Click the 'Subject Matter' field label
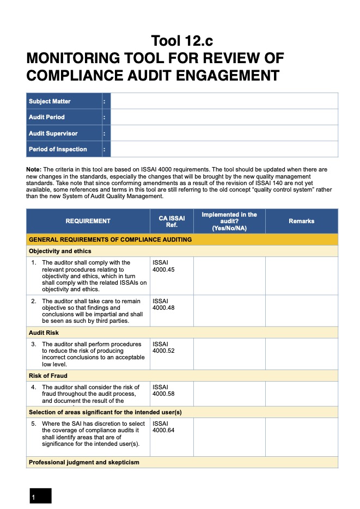point(50,101)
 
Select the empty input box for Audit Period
point(224,117)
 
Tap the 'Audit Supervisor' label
point(53,133)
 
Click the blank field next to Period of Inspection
point(224,149)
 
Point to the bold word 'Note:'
point(34,170)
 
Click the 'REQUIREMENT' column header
point(88,221)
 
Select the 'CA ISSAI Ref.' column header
point(172,222)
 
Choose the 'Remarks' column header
point(301,221)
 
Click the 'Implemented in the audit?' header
point(229,221)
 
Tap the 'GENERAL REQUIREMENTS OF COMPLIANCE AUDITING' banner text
point(110,240)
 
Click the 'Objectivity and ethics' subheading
point(60,251)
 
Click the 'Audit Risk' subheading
point(44,332)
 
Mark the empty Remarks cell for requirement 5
point(301,437)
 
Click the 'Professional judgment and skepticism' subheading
point(84,462)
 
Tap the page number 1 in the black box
point(34,497)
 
